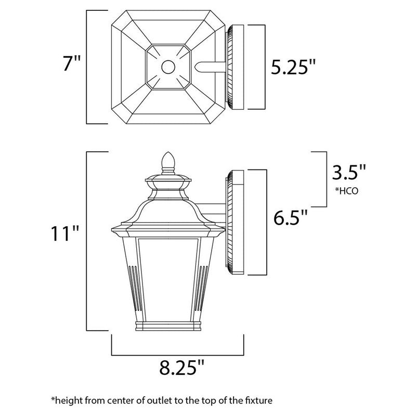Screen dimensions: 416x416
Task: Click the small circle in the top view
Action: [x=167, y=67]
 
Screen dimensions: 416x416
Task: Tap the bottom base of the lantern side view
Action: [x=167, y=326]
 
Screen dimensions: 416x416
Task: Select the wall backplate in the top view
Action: [x=235, y=67]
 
